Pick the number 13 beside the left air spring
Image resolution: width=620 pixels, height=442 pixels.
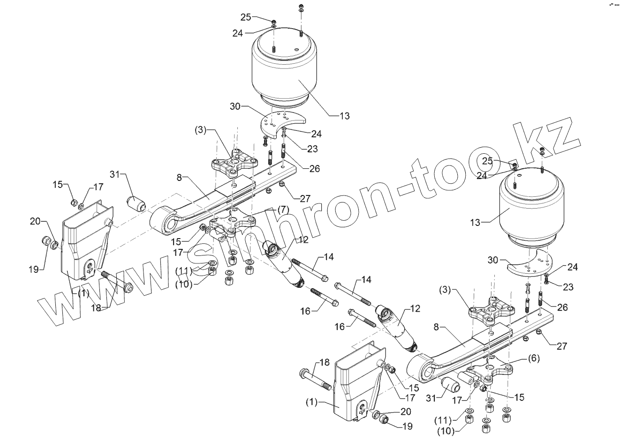click(345, 115)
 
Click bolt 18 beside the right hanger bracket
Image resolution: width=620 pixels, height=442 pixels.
click(314, 378)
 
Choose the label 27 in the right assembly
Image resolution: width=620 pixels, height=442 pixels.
click(561, 346)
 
